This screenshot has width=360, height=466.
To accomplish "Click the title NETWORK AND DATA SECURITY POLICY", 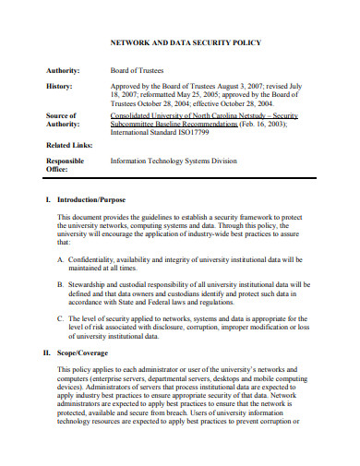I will [186, 42].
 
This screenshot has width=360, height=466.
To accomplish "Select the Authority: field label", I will [64, 69].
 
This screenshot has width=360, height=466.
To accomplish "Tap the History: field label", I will [59, 84].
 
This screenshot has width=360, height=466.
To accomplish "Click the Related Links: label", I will [69, 145].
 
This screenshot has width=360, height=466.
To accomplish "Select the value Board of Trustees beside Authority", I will [138, 69].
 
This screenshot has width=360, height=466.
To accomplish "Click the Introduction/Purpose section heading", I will [91, 199].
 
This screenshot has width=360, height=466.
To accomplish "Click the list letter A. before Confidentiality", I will [60, 261].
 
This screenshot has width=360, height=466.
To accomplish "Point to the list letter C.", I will [60, 318].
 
